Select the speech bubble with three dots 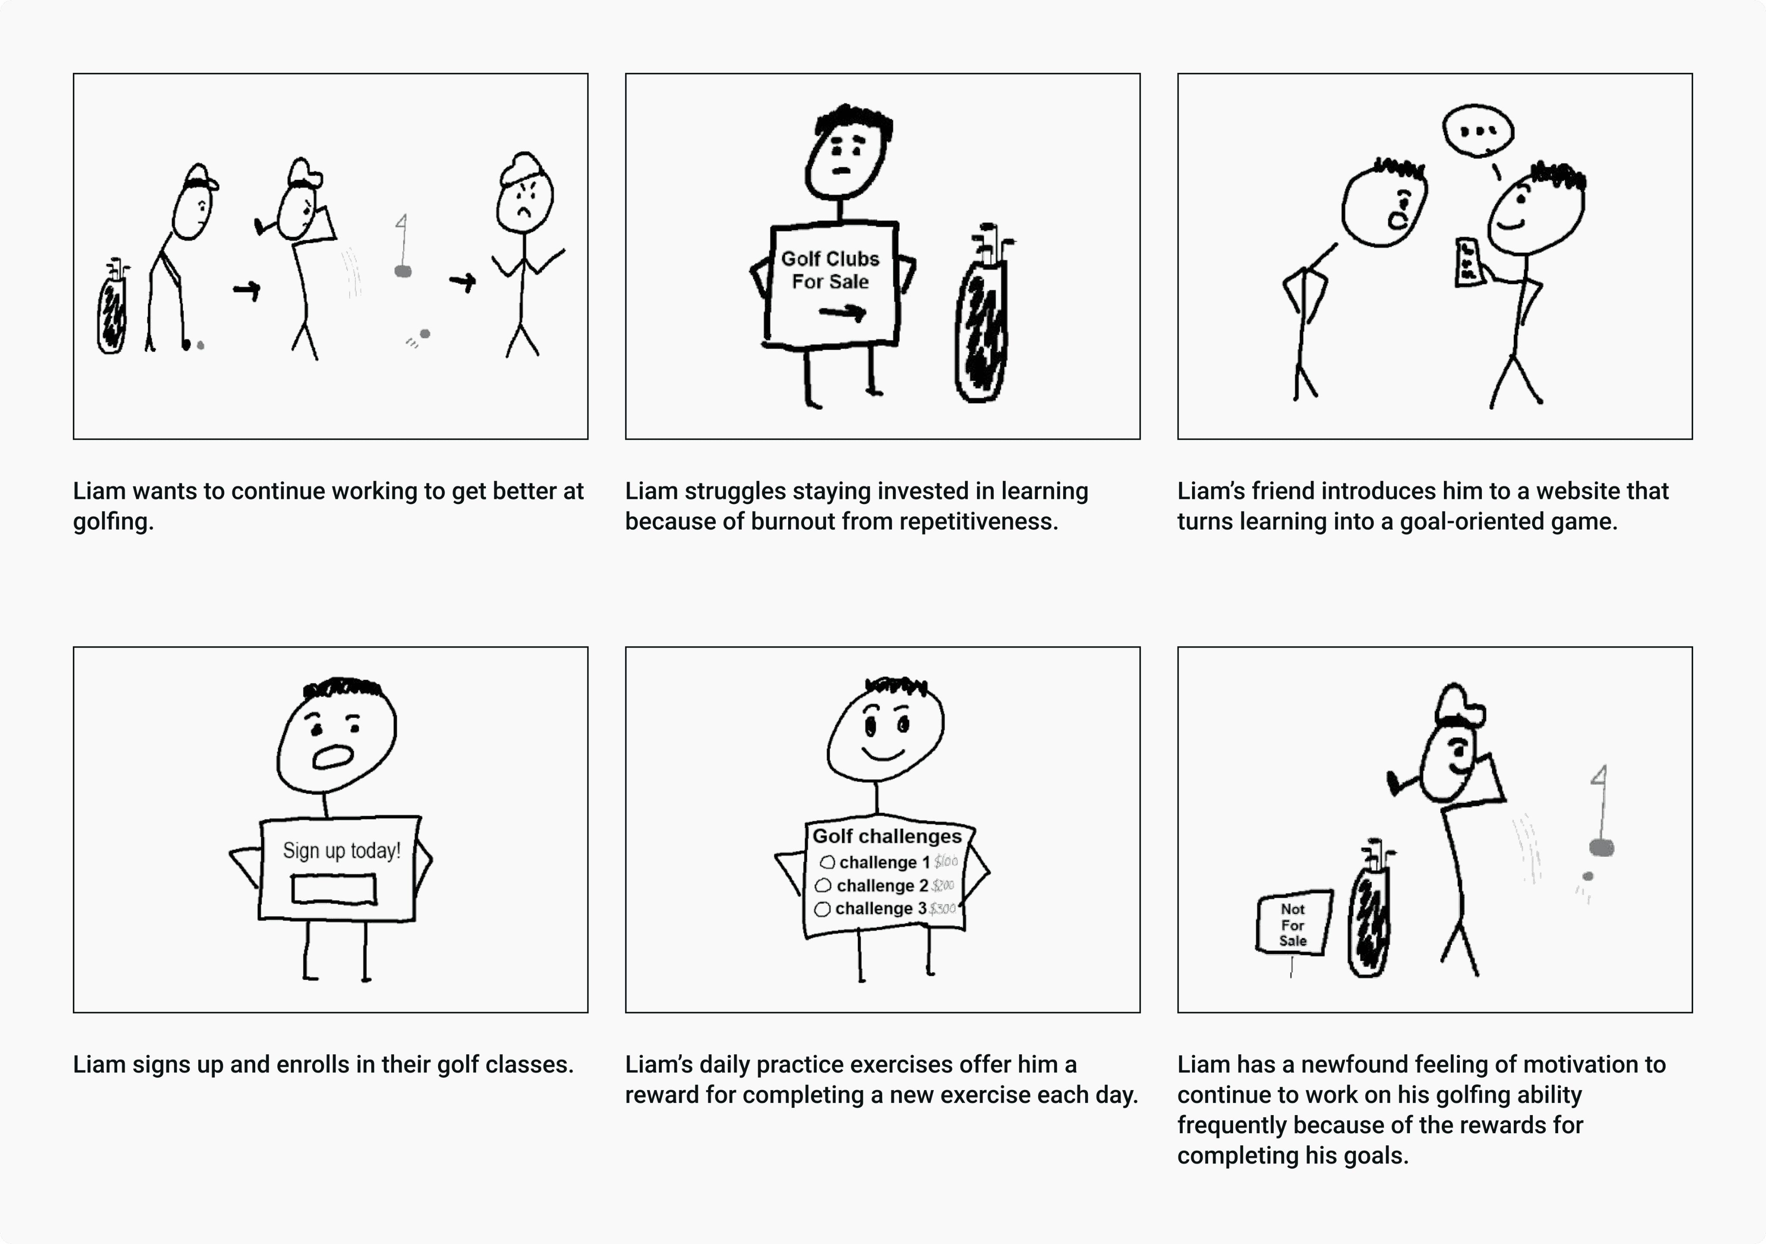1478,131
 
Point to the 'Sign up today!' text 341,850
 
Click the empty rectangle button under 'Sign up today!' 334,889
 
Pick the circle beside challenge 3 822,909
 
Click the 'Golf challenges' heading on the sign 887,836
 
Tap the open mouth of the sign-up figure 332,757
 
